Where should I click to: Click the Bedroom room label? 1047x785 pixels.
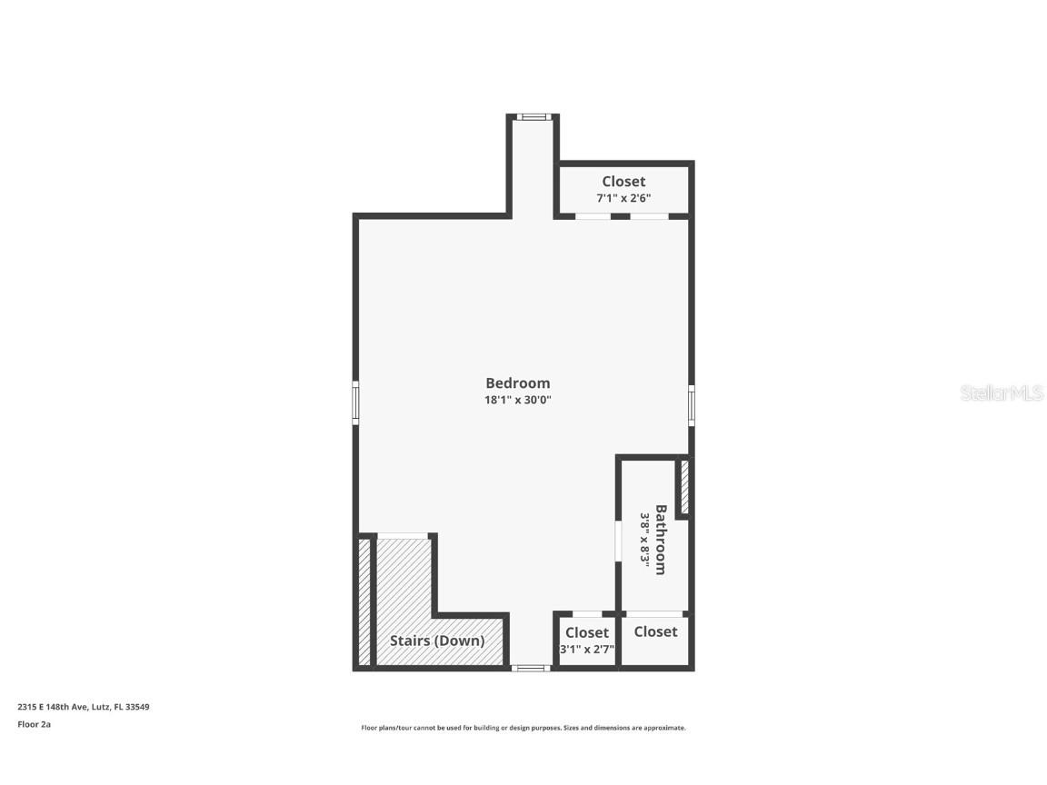point(517,383)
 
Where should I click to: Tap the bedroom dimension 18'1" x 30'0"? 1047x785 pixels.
point(517,400)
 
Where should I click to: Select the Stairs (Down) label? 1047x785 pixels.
point(437,641)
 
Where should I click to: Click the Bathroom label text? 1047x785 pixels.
point(661,540)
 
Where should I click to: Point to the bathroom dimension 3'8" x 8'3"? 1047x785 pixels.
point(645,540)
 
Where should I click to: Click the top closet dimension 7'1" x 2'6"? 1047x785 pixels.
point(623,198)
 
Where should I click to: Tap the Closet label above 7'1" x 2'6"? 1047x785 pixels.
point(623,182)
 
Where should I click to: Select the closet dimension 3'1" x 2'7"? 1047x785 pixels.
point(587,650)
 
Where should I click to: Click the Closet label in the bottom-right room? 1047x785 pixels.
point(655,631)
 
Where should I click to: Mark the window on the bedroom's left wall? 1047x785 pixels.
point(355,402)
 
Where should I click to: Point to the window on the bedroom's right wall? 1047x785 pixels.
point(692,405)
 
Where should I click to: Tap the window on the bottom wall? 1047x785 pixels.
point(531,668)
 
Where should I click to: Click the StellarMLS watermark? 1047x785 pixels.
point(1002,392)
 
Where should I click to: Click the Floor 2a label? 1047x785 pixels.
point(34,724)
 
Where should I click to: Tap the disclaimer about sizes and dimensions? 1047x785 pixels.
point(523,728)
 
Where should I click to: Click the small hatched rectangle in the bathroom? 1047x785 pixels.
point(684,488)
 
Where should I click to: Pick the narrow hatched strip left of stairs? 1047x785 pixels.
point(364,601)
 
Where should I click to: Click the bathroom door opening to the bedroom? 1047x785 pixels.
point(618,540)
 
